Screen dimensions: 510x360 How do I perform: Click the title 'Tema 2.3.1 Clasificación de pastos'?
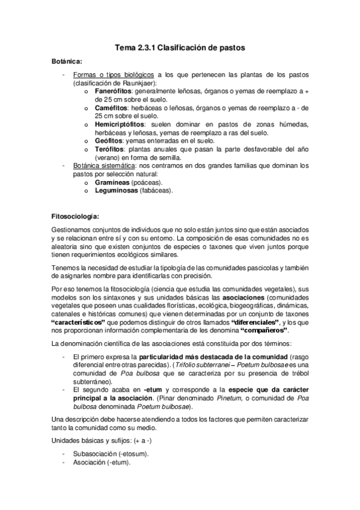tap(180, 47)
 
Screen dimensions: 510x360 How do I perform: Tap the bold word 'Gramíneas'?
tap(115, 182)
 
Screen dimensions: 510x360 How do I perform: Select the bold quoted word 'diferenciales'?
tap(255, 322)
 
